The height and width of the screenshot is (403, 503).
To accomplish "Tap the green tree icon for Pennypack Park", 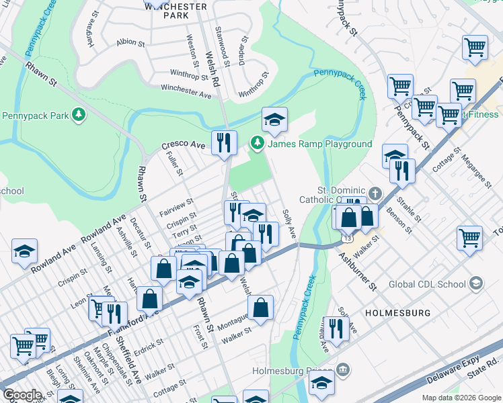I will (x=79, y=116).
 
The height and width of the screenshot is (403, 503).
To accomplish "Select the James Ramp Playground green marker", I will (x=256, y=144).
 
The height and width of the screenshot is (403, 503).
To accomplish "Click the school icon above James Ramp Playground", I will (x=274, y=120).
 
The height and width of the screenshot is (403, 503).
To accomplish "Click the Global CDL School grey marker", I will (x=476, y=283).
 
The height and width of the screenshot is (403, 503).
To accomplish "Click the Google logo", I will (x=22, y=395).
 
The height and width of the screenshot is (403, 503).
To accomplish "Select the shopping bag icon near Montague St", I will (x=261, y=308).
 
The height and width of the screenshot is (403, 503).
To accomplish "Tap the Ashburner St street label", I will (x=358, y=271).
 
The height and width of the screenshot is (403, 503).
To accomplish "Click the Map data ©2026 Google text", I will (x=461, y=398).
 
